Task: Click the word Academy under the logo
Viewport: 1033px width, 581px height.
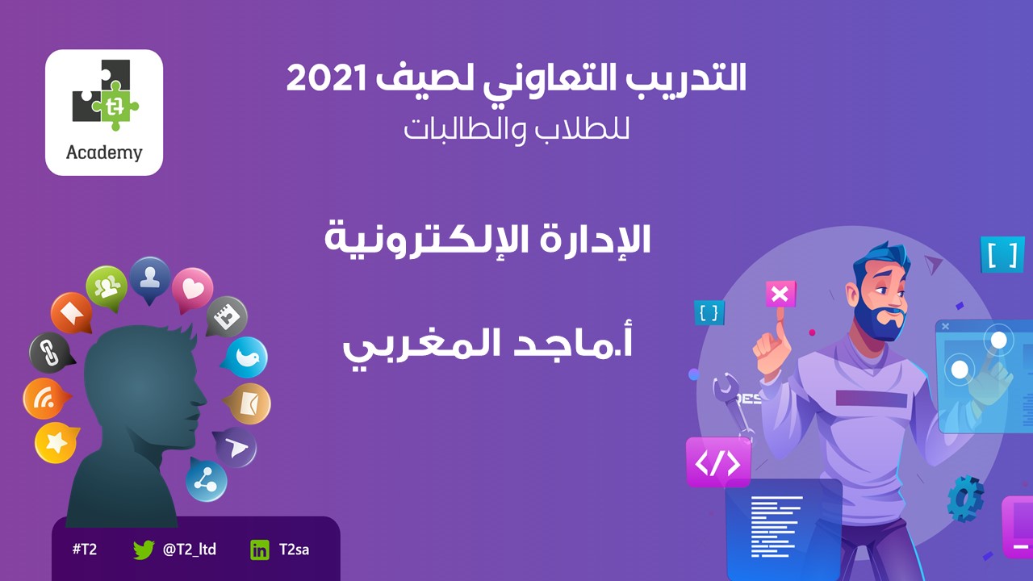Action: click(104, 153)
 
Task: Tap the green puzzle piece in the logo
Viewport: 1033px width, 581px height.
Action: click(115, 106)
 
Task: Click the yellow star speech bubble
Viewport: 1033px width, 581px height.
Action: click(56, 443)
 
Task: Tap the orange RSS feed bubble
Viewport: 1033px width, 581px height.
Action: click(46, 399)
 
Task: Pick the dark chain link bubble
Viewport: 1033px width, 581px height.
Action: click(50, 353)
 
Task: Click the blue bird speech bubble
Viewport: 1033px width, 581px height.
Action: click(246, 357)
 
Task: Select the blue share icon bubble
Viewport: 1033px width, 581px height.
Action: click(206, 479)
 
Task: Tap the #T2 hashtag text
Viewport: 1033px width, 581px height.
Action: click(85, 550)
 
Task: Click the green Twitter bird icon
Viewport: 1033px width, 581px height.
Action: click(144, 550)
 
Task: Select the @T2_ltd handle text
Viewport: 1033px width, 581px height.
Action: click(190, 550)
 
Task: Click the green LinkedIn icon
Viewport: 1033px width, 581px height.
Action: click(260, 550)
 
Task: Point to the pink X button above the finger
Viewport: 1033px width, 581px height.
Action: click(780, 295)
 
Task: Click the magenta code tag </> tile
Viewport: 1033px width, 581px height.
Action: click(718, 462)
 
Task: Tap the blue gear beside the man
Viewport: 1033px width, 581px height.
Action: click(965, 499)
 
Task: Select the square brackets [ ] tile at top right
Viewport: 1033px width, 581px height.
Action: click(1002, 254)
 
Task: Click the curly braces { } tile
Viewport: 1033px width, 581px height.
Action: click(709, 312)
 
